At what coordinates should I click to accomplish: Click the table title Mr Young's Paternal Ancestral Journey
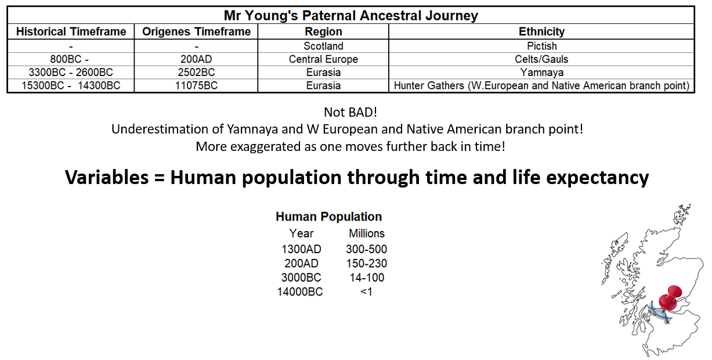pyautogui.click(x=350, y=16)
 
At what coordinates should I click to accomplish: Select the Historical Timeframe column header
pyautogui.click(x=71, y=31)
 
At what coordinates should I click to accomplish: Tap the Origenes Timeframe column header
pyautogui.click(x=196, y=31)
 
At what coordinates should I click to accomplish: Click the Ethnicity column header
pyautogui.click(x=541, y=31)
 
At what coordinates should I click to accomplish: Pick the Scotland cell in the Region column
pyautogui.click(x=323, y=46)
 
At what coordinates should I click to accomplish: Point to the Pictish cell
pyautogui.click(x=541, y=46)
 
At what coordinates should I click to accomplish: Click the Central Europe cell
pyautogui.click(x=323, y=59)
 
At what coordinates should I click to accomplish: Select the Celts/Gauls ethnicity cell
pyautogui.click(x=541, y=59)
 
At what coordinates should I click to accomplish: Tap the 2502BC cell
pyautogui.click(x=196, y=73)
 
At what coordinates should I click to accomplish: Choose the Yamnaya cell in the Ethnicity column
pyautogui.click(x=541, y=73)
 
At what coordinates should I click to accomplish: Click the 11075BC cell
pyautogui.click(x=196, y=85)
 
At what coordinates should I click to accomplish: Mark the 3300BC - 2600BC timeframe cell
pyautogui.click(x=71, y=73)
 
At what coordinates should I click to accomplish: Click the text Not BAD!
pyautogui.click(x=350, y=112)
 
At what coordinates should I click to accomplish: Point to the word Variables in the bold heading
pyautogui.click(x=107, y=177)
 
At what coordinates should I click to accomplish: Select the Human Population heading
pyautogui.click(x=328, y=217)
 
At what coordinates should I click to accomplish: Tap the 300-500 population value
pyautogui.click(x=367, y=249)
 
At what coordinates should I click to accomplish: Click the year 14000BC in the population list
pyautogui.click(x=300, y=291)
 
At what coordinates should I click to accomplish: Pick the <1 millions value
pyautogui.click(x=366, y=291)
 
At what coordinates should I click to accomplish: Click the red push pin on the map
pyautogui.click(x=670, y=298)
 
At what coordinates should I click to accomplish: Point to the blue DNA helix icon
pyautogui.click(x=659, y=312)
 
